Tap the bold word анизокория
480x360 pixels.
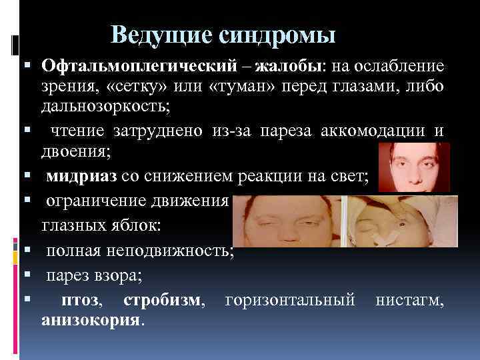click(x=91, y=321)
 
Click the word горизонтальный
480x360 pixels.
click(x=290, y=301)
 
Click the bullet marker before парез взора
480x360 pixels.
click(x=24, y=276)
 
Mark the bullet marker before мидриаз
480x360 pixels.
click(x=24, y=176)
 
